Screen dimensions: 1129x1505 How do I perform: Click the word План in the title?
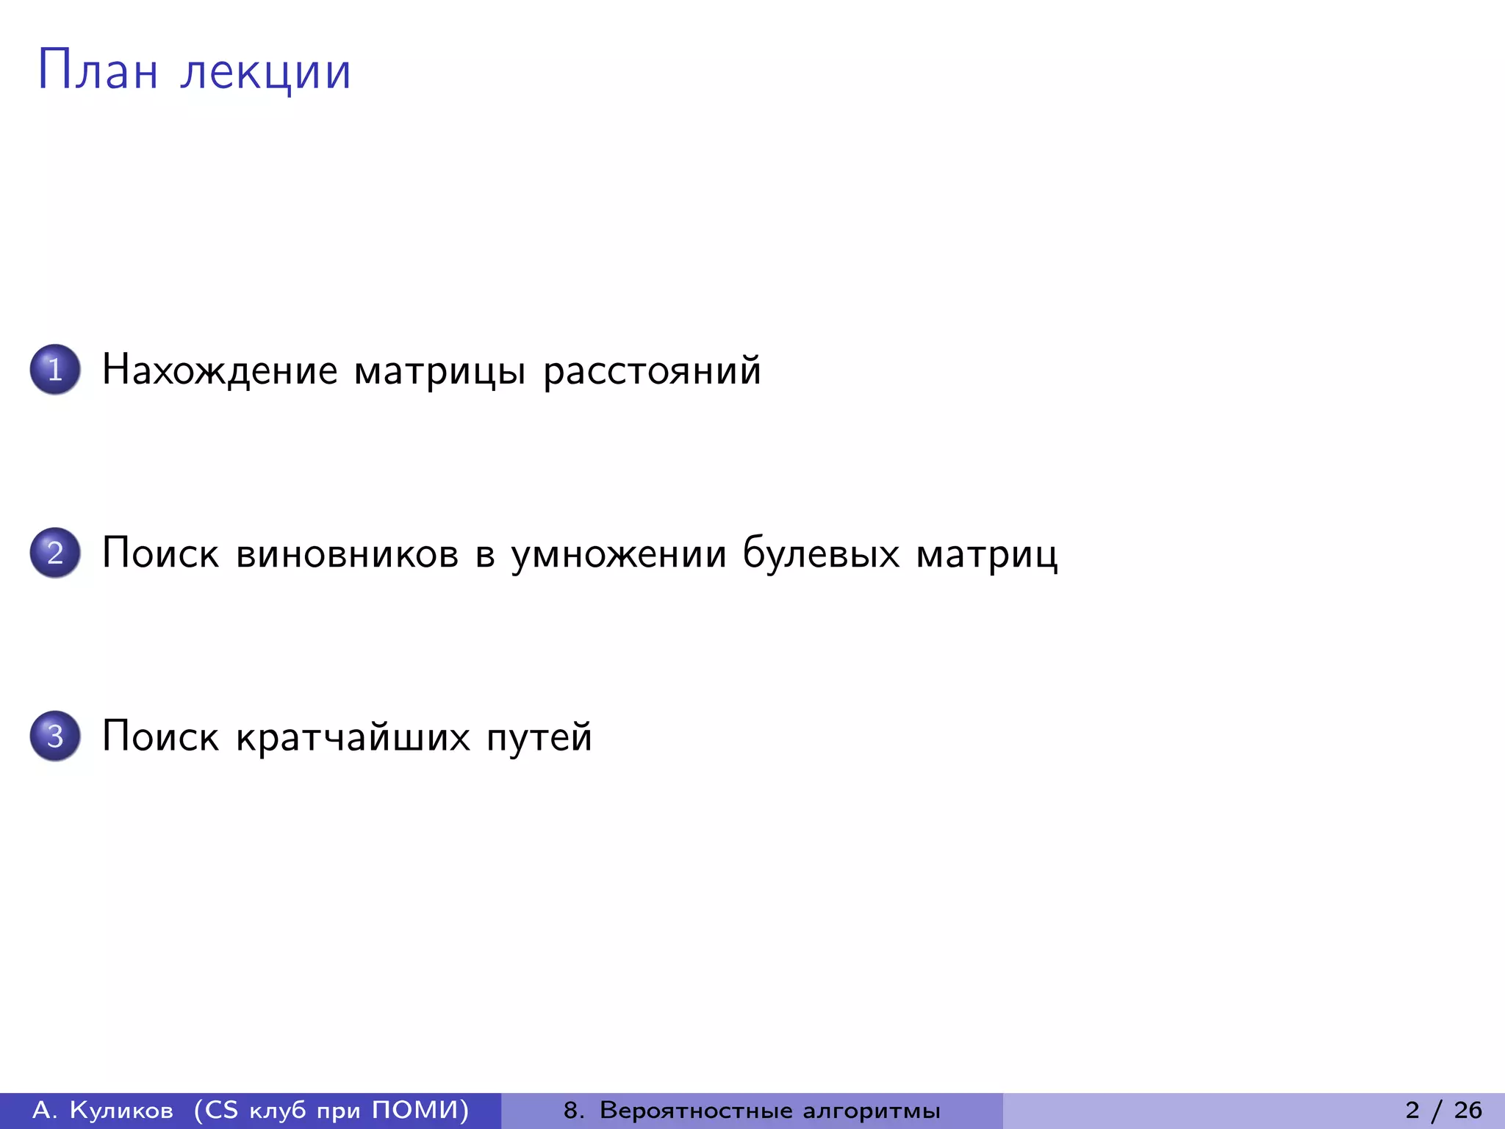pos(98,71)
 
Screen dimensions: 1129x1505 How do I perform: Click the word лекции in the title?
pos(266,72)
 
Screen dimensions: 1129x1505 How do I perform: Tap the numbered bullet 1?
pos(55,369)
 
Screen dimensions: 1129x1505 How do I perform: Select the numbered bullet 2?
pos(55,552)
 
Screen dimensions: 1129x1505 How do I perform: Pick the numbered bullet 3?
pos(55,735)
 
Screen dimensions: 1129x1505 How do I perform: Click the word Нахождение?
pos(220,369)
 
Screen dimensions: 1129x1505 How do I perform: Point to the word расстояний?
pos(652,370)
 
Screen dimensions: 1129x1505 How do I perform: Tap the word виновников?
pos(347,553)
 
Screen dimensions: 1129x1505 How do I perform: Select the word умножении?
pos(619,554)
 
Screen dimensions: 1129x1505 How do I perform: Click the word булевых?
pos(821,553)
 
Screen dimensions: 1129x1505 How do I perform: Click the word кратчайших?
pos(353,736)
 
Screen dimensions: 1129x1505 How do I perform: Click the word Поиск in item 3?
pos(160,736)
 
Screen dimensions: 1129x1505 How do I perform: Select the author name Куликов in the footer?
pos(121,1110)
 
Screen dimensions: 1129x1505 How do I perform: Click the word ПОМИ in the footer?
pos(414,1109)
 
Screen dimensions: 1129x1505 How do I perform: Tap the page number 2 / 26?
pos(1444,1110)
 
